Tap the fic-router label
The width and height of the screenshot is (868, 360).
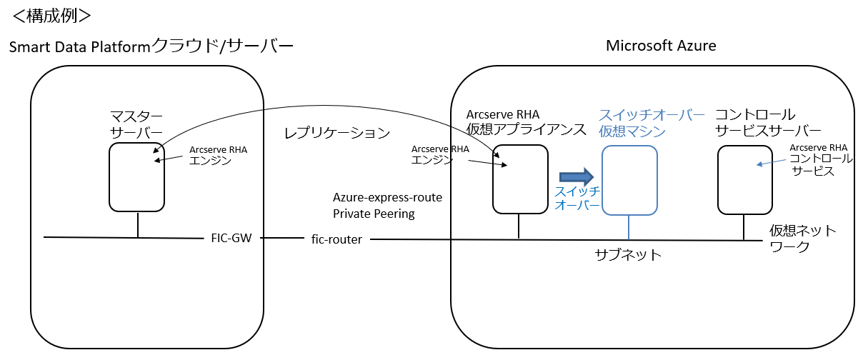click(336, 240)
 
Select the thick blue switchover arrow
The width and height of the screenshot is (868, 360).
click(577, 176)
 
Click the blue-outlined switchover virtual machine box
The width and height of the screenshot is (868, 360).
click(629, 180)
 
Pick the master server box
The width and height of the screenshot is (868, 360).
click(137, 176)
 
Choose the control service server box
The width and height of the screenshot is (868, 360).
click(745, 179)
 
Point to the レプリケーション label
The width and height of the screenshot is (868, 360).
click(337, 133)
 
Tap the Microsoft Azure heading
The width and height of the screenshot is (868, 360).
click(661, 46)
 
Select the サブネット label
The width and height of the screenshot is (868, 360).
click(628, 254)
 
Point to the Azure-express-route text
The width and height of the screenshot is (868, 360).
click(387, 197)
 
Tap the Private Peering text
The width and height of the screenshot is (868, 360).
click(374, 213)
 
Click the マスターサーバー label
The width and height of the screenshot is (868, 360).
click(136, 124)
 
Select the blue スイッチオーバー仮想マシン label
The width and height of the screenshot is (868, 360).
click(651, 123)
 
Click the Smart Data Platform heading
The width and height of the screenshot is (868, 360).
click(151, 47)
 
